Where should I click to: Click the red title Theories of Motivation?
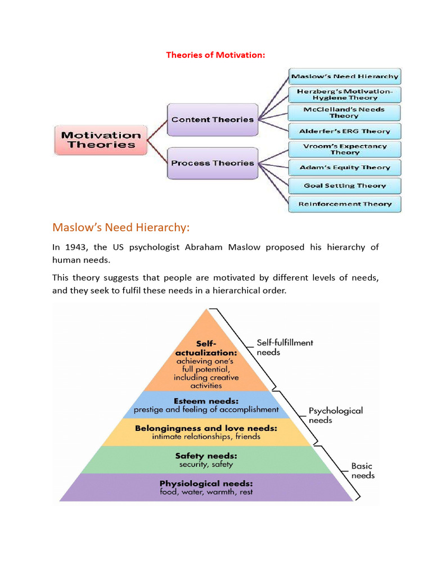point(215,55)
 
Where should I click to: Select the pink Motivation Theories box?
point(101,140)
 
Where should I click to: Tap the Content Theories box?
point(212,119)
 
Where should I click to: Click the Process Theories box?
point(212,163)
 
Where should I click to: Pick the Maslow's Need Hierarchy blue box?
point(344,76)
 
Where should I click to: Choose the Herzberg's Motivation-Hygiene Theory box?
point(344,94)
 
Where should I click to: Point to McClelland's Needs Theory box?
point(344,112)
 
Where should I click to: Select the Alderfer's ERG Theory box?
point(344,131)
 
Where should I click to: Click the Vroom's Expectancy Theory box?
point(344,149)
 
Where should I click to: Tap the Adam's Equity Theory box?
point(344,167)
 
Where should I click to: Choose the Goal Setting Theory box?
point(344,186)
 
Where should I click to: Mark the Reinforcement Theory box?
point(344,204)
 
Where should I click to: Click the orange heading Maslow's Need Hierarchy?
point(121,227)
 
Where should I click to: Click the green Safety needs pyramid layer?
point(206,460)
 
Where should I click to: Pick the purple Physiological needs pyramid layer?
point(206,487)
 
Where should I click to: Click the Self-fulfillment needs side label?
point(285,347)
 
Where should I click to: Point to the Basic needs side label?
point(363,471)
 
